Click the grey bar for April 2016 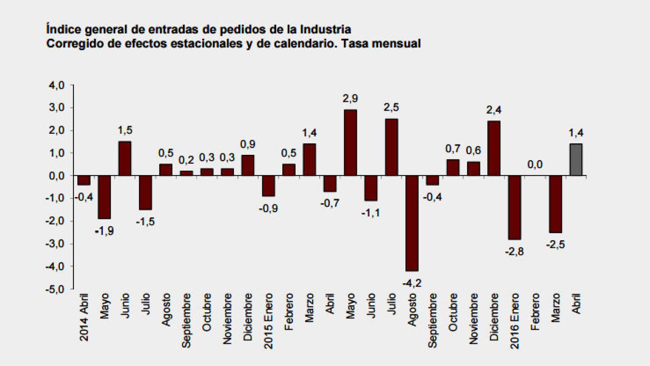pos(576,160)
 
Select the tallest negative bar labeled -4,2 pos(412,223)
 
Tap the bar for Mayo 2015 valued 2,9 pos(351,143)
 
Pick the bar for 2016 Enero pos(514,207)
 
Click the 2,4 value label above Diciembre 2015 pos(494,111)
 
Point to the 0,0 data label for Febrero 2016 pos(535,165)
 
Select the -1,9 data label pos(104,231)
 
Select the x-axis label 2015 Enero pos(269,320)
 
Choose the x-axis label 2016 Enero pos(514,320)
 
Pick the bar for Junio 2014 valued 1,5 pos(125,159)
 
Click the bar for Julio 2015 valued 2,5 pos(391,148)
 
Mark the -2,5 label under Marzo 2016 pos(555,245)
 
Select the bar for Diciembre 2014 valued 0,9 pos(248,165)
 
